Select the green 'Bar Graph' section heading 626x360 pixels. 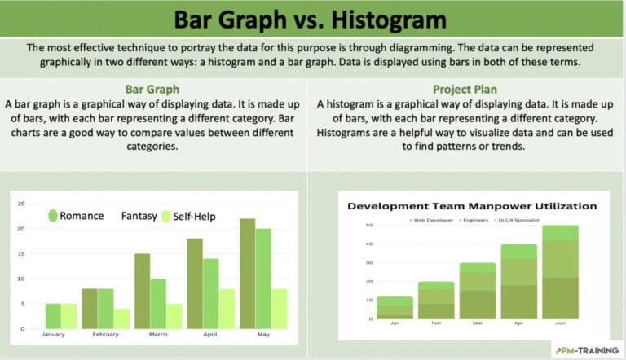(152, 89)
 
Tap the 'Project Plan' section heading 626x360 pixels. (465, 89)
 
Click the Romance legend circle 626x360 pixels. (54, 216)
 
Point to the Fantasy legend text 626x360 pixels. (141, 216)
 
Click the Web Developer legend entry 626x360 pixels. (433, 220)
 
